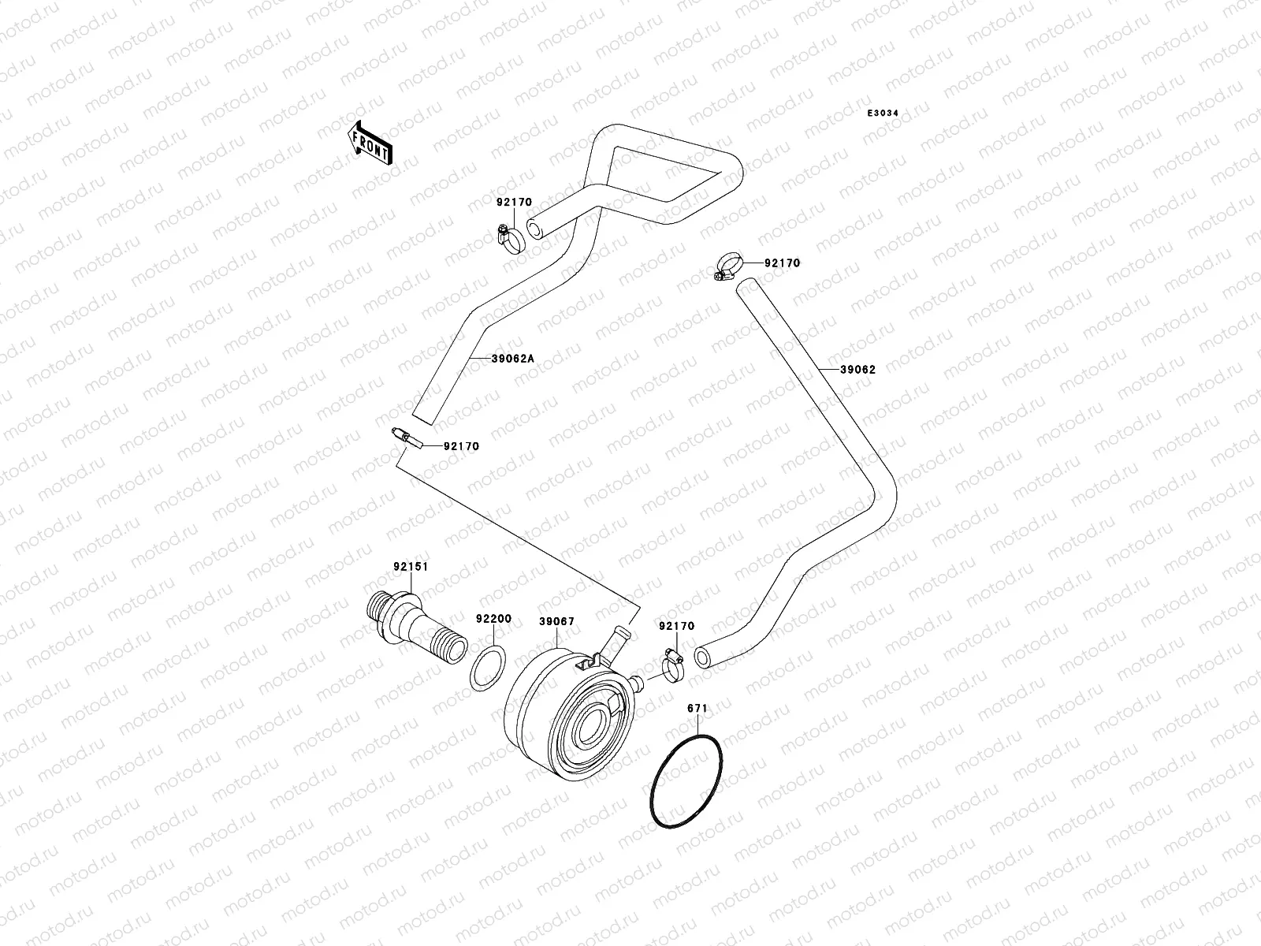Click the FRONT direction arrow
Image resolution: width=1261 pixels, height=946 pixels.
pos(370,143)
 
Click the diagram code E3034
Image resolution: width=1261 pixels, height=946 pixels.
pos(883,114)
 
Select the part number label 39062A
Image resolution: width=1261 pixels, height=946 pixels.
pos(512,359)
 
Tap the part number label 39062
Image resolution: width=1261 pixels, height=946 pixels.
pos(857,369)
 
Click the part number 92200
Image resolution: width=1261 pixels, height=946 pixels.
pos(493,619)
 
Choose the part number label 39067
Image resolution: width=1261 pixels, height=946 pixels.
pos(556,622)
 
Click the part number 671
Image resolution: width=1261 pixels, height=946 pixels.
pos(697,708)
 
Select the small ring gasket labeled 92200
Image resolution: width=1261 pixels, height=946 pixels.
pos(489,668)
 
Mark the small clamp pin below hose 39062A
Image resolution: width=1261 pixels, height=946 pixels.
pos(407,438)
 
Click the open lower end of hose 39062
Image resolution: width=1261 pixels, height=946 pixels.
pos(702,656)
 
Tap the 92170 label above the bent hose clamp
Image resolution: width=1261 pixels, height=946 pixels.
pos(514,203)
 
